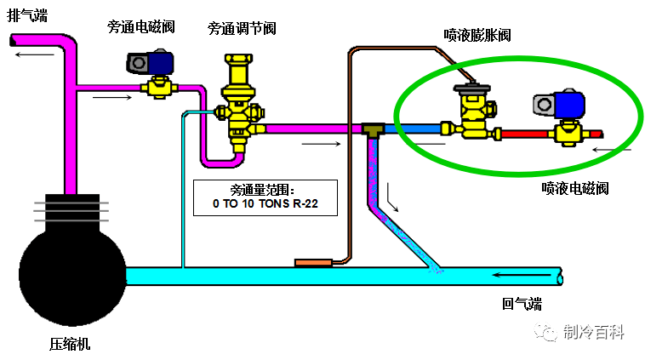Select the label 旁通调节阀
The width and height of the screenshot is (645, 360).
coord(242,27)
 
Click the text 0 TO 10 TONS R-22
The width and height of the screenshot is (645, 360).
coord(264,205)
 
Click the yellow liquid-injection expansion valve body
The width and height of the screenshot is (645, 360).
coord(471,115)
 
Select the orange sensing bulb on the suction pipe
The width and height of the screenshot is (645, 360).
coord(312,262)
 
